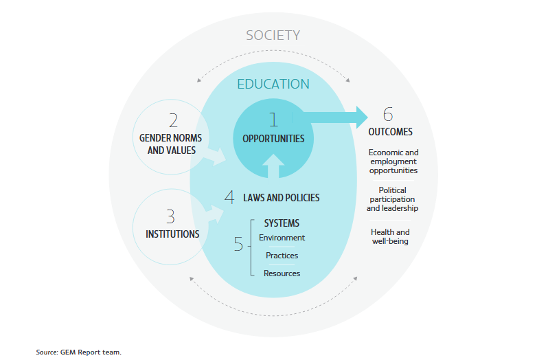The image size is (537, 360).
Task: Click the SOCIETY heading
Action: [273, 35]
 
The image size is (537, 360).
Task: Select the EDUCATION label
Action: [273, 85]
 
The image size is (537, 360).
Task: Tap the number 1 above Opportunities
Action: [273, 120]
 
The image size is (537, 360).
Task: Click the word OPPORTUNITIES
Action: [273, 138]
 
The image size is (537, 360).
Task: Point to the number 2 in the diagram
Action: [172, 122]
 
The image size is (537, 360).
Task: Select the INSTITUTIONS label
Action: [172, 234]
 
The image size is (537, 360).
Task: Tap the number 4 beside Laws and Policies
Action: [229, 197]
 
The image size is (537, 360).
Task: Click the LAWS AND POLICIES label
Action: [282, 198]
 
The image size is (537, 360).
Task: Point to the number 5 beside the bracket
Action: [238, 244]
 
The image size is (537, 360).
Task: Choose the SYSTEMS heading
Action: [282, 223]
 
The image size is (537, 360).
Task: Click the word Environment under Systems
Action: [282, 238]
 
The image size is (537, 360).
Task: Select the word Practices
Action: [282, 256]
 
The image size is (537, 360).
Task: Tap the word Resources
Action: [282, 273]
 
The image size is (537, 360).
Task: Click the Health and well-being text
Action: [390, 236]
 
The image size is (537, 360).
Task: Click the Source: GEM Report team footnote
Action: [78, 352]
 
